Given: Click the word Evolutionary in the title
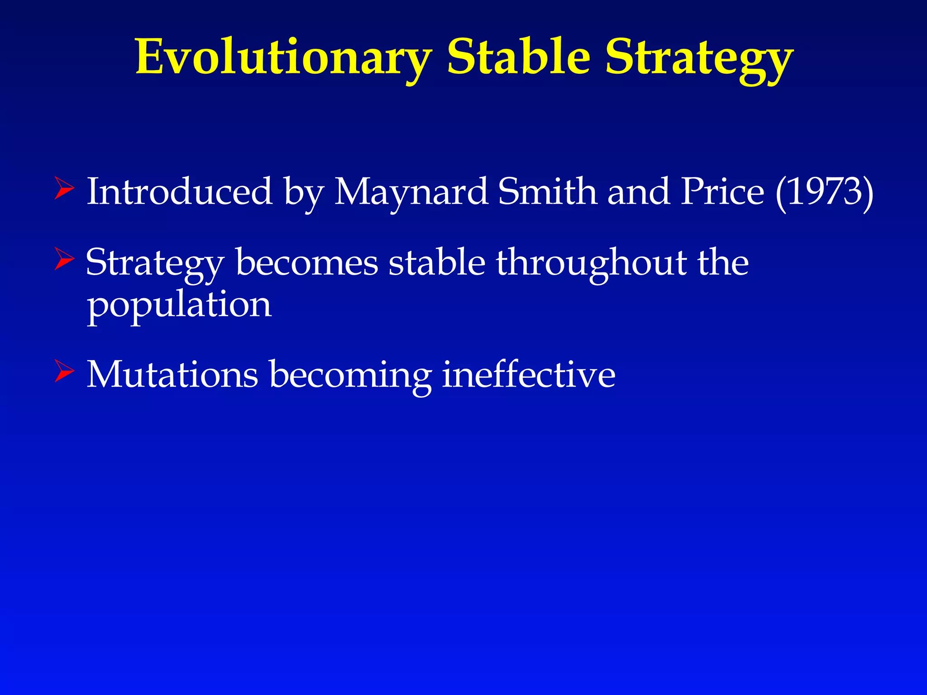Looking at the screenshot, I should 283,58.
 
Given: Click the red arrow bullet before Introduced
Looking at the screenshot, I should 64,189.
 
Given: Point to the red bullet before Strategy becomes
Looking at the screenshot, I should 64,259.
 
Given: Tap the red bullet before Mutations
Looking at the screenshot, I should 64,371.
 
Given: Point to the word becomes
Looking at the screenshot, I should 306,262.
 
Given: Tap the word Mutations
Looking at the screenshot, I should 172,375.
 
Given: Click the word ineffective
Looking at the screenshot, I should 528,375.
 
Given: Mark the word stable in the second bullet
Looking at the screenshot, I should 437,262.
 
